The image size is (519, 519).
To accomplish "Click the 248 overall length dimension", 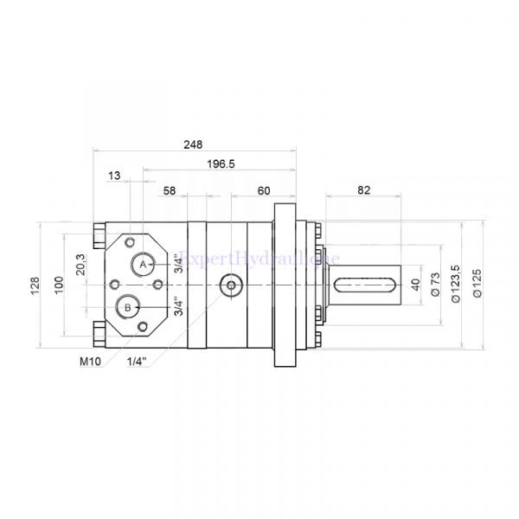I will click(x=194, y=144).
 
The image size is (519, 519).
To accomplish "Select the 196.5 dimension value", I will click(x=221, y=163).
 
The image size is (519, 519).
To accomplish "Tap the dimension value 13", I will click(x=114, y=176).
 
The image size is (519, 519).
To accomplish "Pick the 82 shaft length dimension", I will click(x=362, y=189).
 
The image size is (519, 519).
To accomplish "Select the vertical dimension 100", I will click(x=59, y=285).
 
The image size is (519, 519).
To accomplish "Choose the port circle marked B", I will click(x=128, y=306).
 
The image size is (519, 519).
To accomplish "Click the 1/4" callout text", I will click(x=135, y=361).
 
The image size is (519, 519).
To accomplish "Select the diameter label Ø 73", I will click(x=437, y=285).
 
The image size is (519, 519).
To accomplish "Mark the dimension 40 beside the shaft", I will click(x=415, y=285).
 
